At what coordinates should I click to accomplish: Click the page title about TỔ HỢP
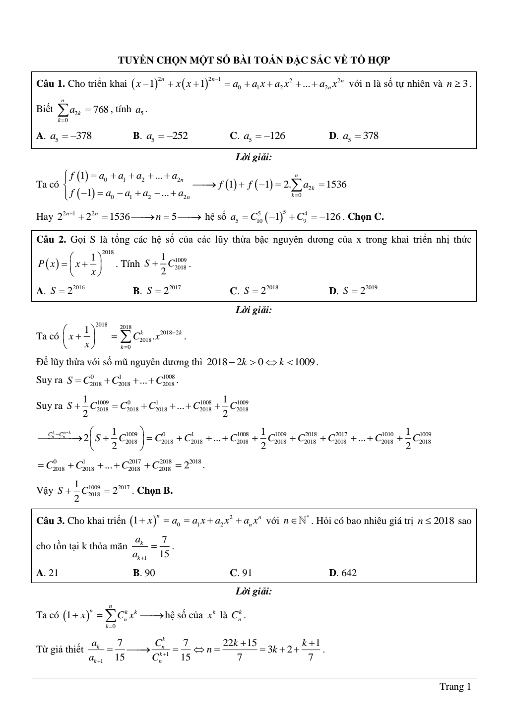254,61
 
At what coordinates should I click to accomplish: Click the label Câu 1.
51,83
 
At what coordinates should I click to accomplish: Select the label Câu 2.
51,240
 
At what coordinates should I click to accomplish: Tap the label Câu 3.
51,521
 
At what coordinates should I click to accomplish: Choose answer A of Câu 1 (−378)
64,136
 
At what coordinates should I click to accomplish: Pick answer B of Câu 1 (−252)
160,136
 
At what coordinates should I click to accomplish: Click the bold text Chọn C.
366,217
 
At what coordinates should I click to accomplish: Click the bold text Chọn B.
155,491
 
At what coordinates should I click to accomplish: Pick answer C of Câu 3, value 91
241,573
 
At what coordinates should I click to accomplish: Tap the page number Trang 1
455,687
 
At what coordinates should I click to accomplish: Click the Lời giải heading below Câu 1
254,158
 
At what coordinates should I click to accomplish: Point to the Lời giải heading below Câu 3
254,591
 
